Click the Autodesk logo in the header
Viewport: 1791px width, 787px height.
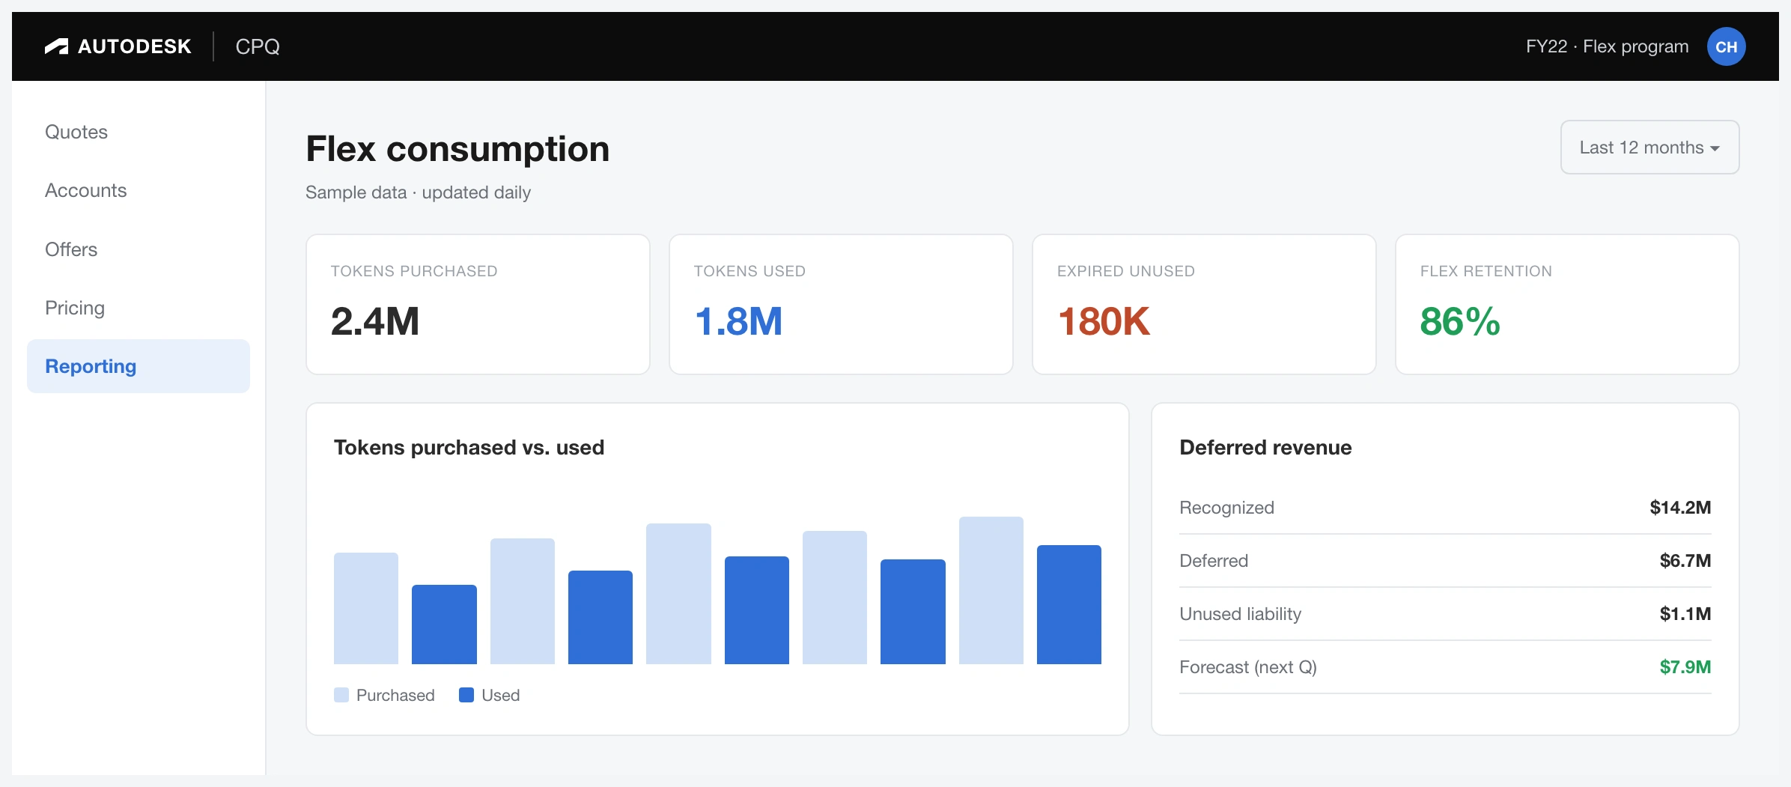pos(118,46)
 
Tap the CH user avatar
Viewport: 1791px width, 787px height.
pos(1726,46)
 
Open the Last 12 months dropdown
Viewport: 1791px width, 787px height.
pos(1649,148)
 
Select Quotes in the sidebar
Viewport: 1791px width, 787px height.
pos(76,132)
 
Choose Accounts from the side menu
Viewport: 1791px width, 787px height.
pos(86,190)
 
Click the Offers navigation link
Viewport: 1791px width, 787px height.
pos(71,249)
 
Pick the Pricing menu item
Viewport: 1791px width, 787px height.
pos(75,308)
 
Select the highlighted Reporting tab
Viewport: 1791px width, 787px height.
pos(139,366)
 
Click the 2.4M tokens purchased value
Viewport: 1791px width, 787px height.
pos(375,322)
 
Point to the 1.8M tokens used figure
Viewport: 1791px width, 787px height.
pos(738,322)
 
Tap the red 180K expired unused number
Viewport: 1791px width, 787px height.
pos(1104,322)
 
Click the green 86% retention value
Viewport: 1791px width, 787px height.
pos(1460,322)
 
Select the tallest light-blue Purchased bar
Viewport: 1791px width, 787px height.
pos(991,590)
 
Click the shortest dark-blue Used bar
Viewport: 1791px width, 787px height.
pos(444,625)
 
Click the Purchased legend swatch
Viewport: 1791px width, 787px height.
pos(341,695)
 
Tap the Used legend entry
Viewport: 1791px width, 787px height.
pos(490,695)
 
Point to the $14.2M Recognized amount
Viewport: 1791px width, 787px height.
pos(1680,508)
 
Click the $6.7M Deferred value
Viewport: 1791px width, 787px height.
pos(1685,561)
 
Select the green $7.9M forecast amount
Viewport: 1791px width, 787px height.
pos(1685,667)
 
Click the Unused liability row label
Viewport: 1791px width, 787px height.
pos(1241,614)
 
